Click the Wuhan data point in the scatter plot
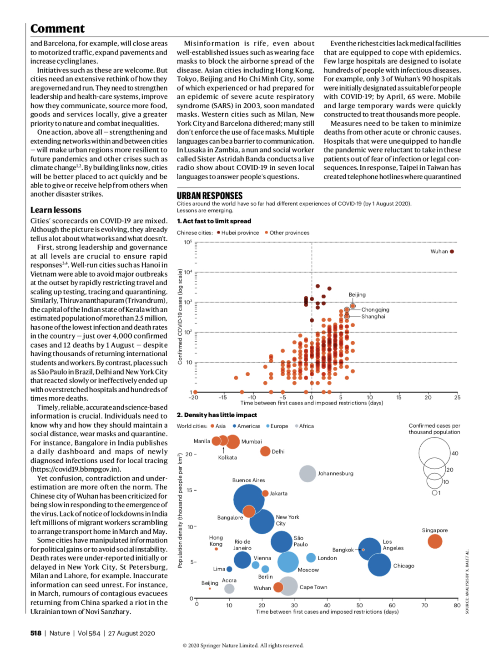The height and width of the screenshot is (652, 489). click(x=452, y=251)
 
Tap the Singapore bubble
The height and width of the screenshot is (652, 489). click(x=435, y=541)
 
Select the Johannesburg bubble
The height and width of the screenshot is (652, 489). click(x=308, y=474)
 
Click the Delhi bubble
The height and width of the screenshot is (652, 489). click(x=265, y=451)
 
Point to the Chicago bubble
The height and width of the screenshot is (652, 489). click(x=379, y=565)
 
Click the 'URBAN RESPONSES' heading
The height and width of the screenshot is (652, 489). click(x=210, y=196)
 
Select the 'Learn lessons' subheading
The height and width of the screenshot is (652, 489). click(x=55, y=210)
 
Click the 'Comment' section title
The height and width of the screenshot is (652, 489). click(x=57, y=29)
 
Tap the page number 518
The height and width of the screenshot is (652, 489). click(x=36, y=633)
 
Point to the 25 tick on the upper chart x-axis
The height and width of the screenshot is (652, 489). click(x=457, y=397)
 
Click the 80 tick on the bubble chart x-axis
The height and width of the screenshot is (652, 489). click(x=457, y=605)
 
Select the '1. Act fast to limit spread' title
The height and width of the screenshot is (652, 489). click(x=214, y=221)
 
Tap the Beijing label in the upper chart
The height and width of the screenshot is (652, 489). click(x=357, y=295)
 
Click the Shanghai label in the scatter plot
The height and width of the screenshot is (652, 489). click(x=373, y=317)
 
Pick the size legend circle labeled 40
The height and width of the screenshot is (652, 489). click(x=434, y=452)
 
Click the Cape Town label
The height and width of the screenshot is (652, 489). click(x=313, y=587)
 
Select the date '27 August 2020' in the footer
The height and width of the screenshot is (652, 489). click(x=131, y=633)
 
